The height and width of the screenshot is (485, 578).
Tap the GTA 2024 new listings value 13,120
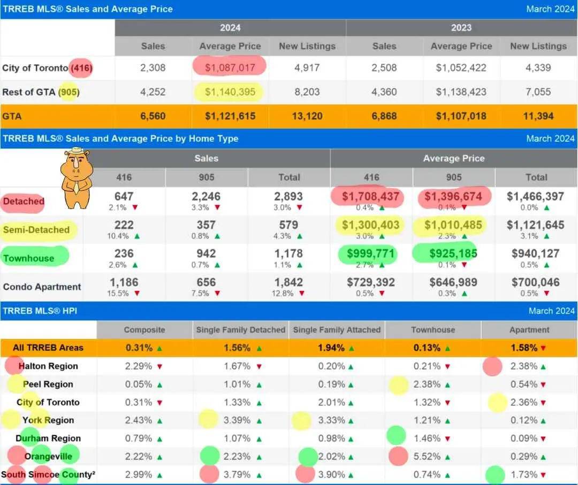[307, 116]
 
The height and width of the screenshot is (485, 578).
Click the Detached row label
[24, 202]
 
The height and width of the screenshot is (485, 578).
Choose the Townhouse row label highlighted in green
[29, 258]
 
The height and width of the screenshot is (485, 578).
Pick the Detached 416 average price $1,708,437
[371, 197]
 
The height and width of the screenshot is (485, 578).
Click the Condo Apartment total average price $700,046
[536, 282]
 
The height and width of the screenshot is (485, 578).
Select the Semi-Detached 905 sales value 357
[206, 225]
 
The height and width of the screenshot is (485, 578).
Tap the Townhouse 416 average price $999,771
[371, 254]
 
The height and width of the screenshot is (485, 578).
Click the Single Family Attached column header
[337, 330]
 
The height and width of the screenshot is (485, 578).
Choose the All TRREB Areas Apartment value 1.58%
[524, 348]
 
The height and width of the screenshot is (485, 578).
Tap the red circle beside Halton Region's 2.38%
[492, 366]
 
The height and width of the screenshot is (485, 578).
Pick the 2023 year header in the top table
[461, 28]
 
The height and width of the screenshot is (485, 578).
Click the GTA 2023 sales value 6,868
[384, 116]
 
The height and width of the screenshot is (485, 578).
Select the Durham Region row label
[48, 438]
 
